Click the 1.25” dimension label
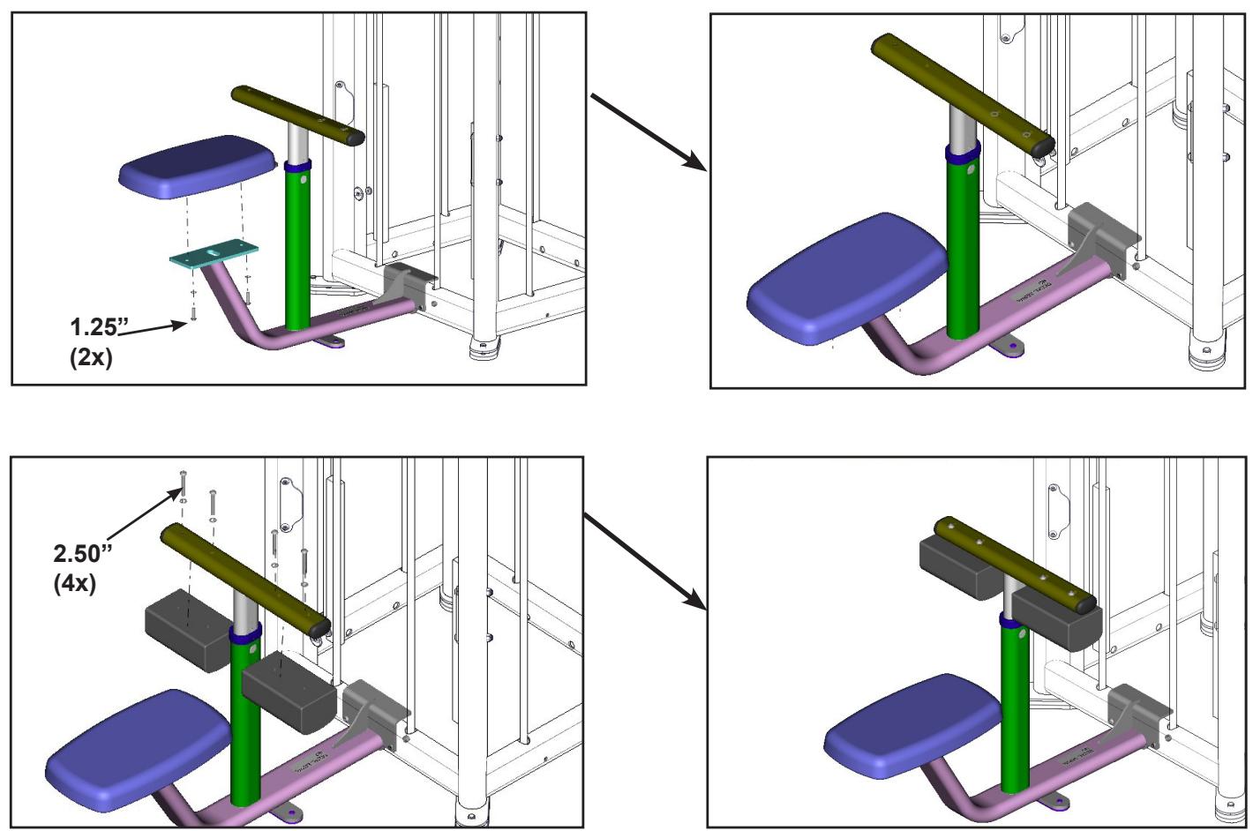[x=94, y=327]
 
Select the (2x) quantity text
[x=92, y=358]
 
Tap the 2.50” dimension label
[x=84, y=554]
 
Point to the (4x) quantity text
[x=75, y=583]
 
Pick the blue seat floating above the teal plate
[x=188, y=166]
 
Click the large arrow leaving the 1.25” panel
[x=649, y=131]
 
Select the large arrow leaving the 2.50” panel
[x=646, y=561]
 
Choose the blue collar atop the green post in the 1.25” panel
[x=297, y=165]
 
